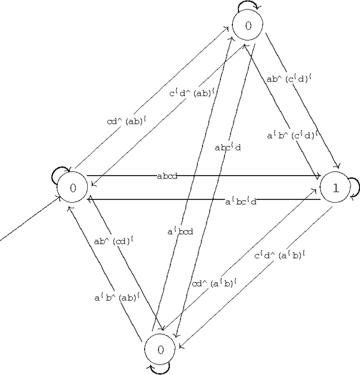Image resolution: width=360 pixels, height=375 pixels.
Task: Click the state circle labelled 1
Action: click(x=336, y=188)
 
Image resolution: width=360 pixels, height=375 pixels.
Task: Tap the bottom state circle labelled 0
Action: click(x=160, y=350)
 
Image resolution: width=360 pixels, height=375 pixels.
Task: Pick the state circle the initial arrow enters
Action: click(x=72, y=188)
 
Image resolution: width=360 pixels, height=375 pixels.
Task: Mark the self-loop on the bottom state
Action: click(x=159, y=369)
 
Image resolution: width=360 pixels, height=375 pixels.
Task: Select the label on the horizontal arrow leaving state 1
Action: click(x=241, y=201)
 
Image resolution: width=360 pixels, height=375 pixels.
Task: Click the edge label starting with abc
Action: click(x=227, y=148)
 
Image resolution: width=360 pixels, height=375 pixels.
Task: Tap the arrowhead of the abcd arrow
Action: click(x=318, y=176)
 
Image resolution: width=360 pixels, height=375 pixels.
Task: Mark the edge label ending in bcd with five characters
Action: click(x=180, y=231)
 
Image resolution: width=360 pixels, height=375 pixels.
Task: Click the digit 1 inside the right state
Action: click(x=336, y=188)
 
